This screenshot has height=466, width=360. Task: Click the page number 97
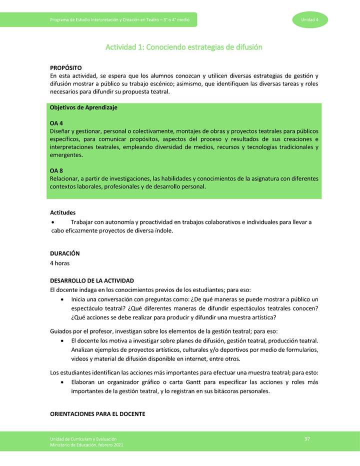tap(307, 438)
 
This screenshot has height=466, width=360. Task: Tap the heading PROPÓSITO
tap(66, 67)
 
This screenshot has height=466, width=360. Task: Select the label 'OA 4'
tap(56, 123)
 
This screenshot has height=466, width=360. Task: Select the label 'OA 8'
tap(56, 170)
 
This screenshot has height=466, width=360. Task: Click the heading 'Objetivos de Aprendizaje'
tap(83, 107)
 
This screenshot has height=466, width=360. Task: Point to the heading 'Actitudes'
tap(63, 212)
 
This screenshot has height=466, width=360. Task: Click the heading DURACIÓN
tap(64, 253)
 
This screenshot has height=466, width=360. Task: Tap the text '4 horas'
tap(60, 262)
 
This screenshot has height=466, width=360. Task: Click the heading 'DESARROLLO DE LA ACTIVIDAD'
tap(92, 281)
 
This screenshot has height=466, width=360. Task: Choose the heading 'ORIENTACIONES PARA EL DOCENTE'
tap(97, 414)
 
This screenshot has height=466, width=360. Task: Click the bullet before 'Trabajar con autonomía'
tap(54, 222)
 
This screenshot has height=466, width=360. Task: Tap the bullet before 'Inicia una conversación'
tap(61, 299)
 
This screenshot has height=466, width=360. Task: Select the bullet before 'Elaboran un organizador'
tap(61, 382)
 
